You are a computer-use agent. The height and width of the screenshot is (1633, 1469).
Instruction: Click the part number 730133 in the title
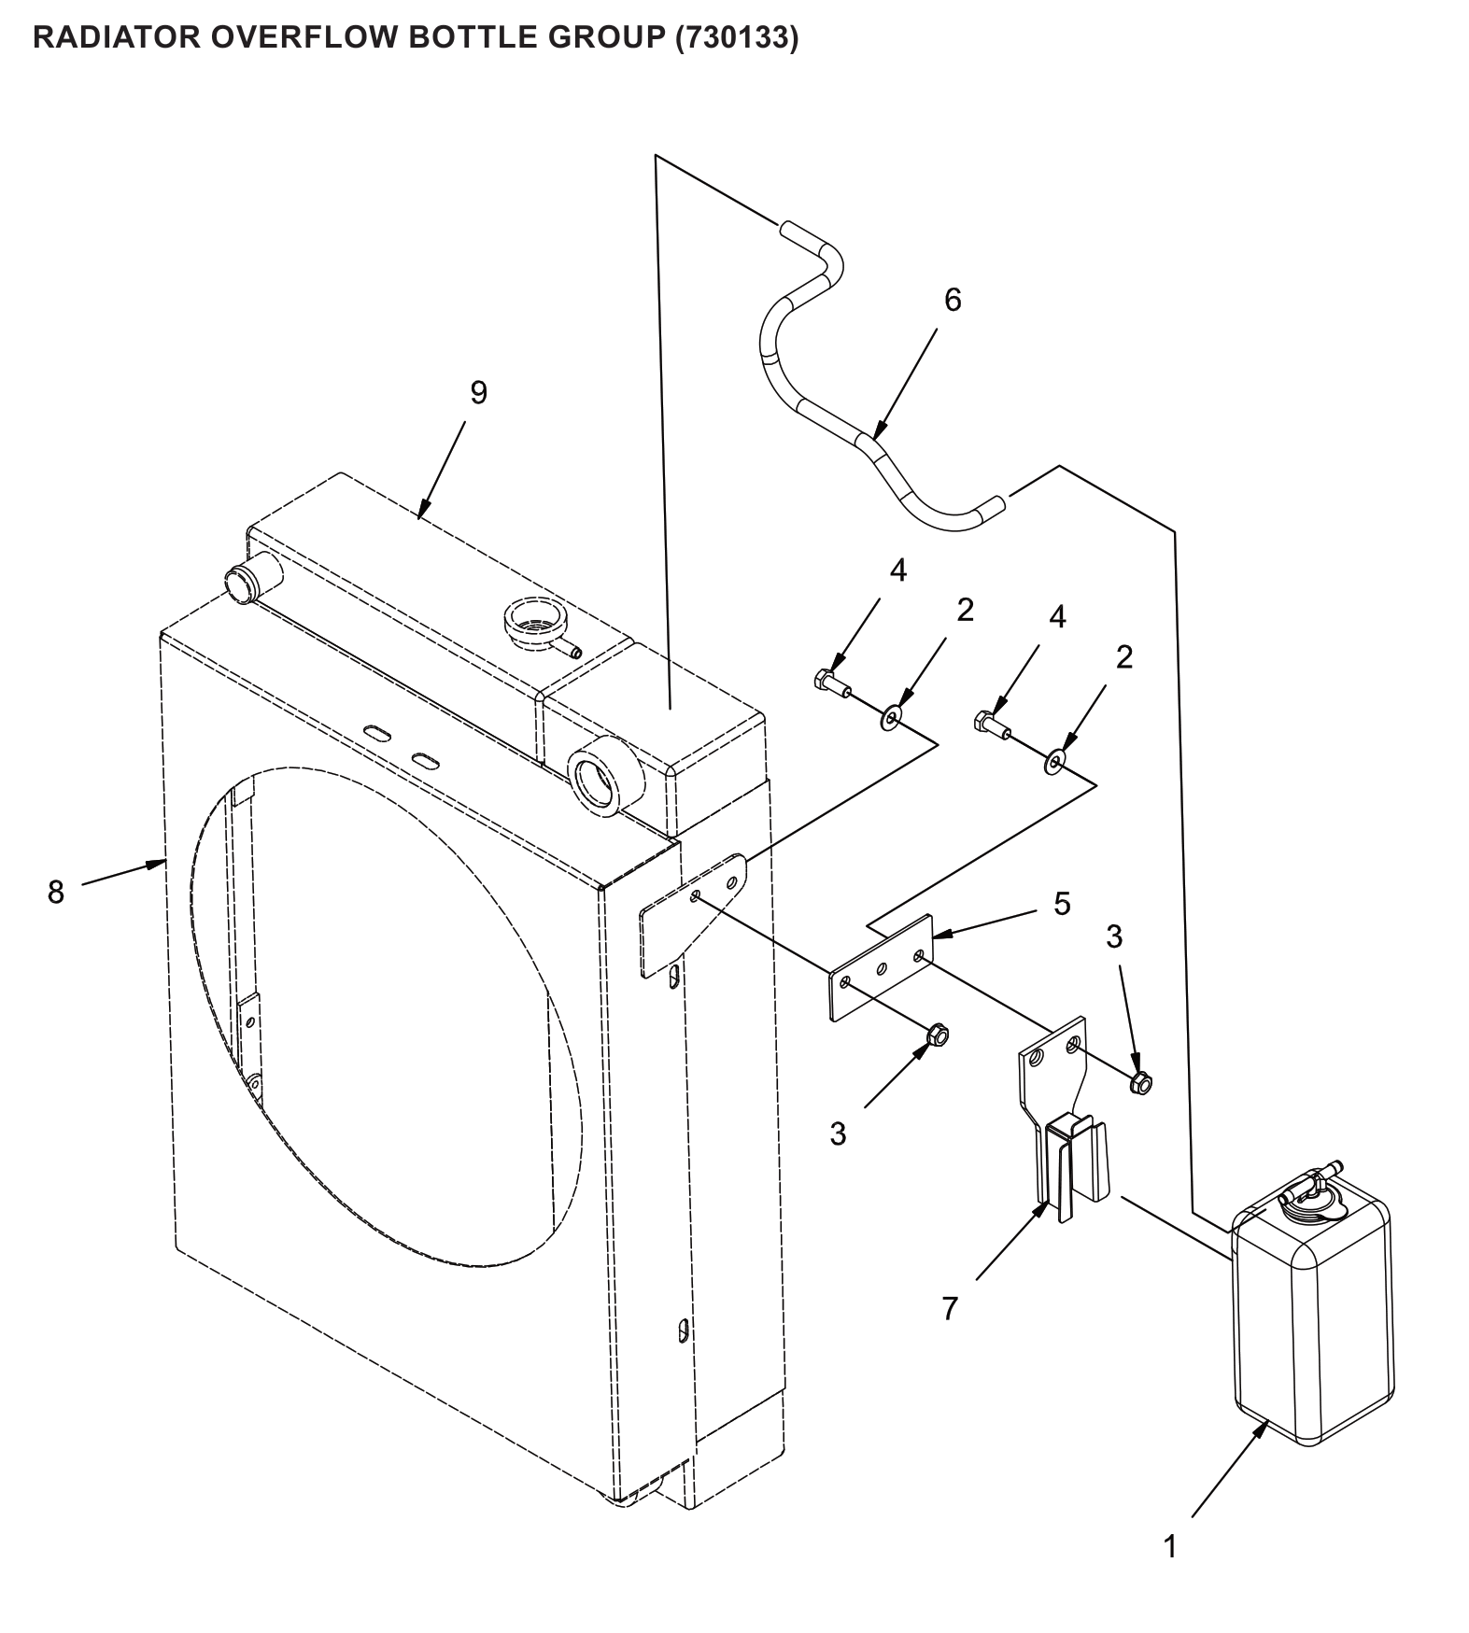pos(737,38)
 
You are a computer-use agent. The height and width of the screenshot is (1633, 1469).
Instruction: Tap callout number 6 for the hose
pos(952,300)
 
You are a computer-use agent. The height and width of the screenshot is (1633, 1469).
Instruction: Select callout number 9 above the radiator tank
pos(478,393)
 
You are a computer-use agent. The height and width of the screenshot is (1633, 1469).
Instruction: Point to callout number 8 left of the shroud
pos(56,892)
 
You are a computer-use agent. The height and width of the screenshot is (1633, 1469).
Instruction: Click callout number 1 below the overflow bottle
pos(1170,1546)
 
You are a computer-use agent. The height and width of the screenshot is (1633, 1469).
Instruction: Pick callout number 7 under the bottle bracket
pos(950,1309)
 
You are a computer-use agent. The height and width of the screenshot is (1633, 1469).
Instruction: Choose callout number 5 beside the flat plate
pos(1062,904)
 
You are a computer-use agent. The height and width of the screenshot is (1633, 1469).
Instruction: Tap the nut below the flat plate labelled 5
pos(937,1036)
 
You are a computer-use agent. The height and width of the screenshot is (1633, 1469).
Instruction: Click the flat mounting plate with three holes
pos(881,968)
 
